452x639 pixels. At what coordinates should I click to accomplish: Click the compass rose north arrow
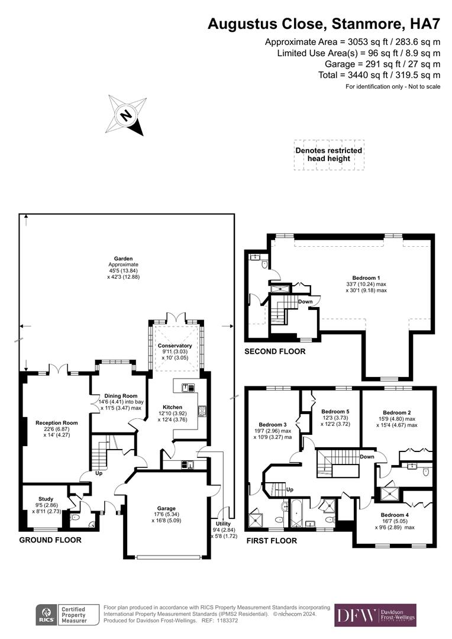pos(126,114)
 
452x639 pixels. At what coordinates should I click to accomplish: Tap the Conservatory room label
pos(175,346)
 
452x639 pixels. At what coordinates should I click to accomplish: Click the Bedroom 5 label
pos(335,411)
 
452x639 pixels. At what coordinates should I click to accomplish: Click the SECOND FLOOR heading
pos(275,351)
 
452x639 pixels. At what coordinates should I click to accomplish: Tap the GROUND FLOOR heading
pos(50,540)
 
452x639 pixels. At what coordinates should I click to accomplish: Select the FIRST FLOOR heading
pos(272,540)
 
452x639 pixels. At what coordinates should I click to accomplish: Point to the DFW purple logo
pos(375,615)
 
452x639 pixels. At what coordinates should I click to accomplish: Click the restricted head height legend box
pos(329,155)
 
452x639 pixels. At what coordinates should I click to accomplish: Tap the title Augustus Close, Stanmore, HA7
pos(324,24)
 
